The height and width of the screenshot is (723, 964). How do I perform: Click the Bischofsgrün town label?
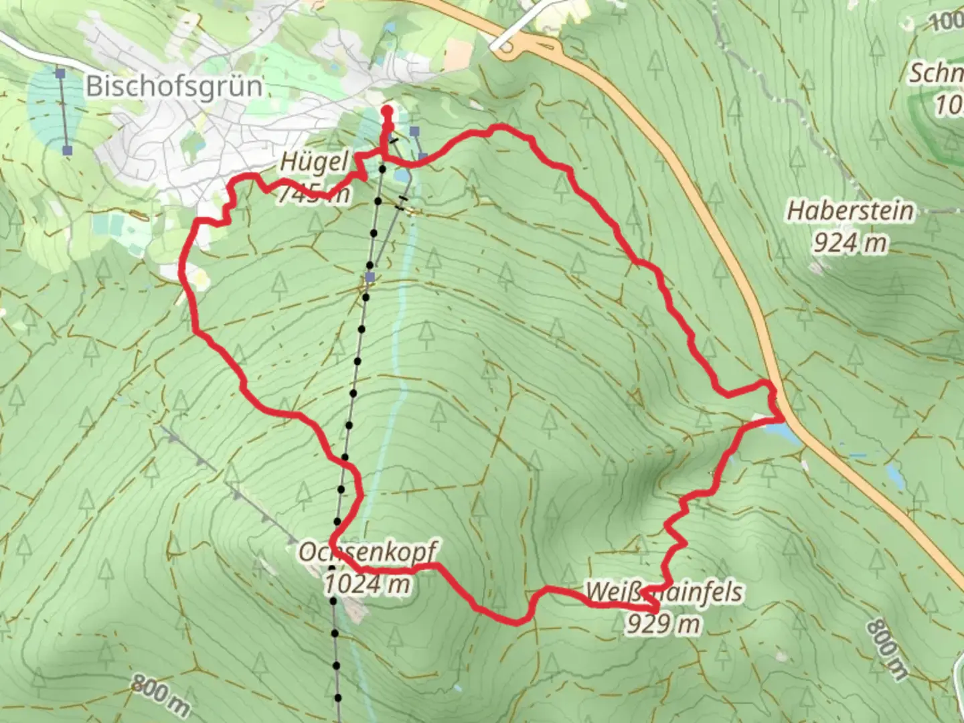[x=174, y=86]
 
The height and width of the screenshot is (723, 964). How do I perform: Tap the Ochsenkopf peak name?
[x=367, y=553]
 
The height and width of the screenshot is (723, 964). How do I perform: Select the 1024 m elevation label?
[x=367, y=584]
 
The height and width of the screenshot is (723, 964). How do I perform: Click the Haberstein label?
[x=850, y=211]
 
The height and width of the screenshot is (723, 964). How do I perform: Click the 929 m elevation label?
[x=663, y=624]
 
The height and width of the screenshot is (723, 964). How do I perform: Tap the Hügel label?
[x=315, y=162]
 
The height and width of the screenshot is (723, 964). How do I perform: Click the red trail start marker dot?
[x=386, y=111]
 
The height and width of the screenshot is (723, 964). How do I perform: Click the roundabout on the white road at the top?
[x=507, y=47]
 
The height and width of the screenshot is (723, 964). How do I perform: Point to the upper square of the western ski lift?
[x=60, y=72]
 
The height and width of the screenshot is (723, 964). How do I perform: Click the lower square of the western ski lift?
[x=67, y=151]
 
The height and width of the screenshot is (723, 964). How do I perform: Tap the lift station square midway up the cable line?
[x=370, y=276]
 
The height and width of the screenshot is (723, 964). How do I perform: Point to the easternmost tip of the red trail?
[x=783, y=418]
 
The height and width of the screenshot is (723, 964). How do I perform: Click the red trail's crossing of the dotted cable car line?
[x=345, y=459]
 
